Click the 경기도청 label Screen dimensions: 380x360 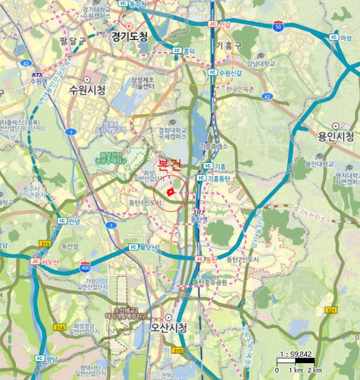pyautogui.click(x=129, y=37)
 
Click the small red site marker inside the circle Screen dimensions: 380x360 pyautogui.click(x=170, y=192)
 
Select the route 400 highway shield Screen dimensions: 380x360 pyautogui.click(x=85, y=267)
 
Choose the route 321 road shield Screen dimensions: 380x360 pyautogui.click(x=331, y=310)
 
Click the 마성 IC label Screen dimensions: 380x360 pyautogui.click(x=340, y=37)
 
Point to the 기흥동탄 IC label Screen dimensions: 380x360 pyautogui.click(x=215, y=178)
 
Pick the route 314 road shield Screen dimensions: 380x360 pyautogui.click(x=60, y=328)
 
